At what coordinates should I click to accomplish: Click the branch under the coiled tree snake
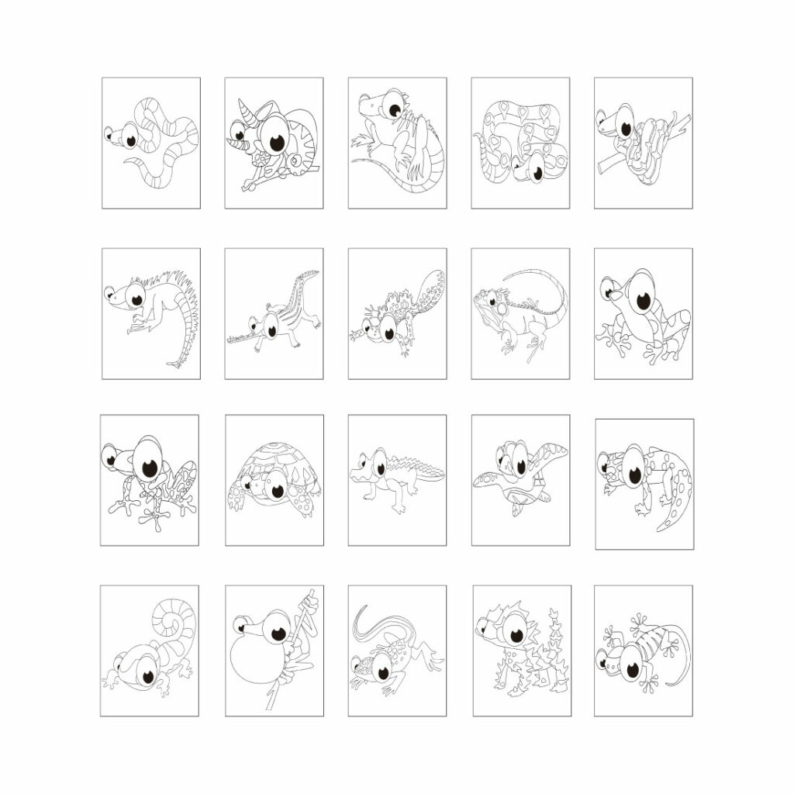click(x=609, y=162)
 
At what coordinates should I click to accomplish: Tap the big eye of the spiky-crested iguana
click(x=136, y=298)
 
